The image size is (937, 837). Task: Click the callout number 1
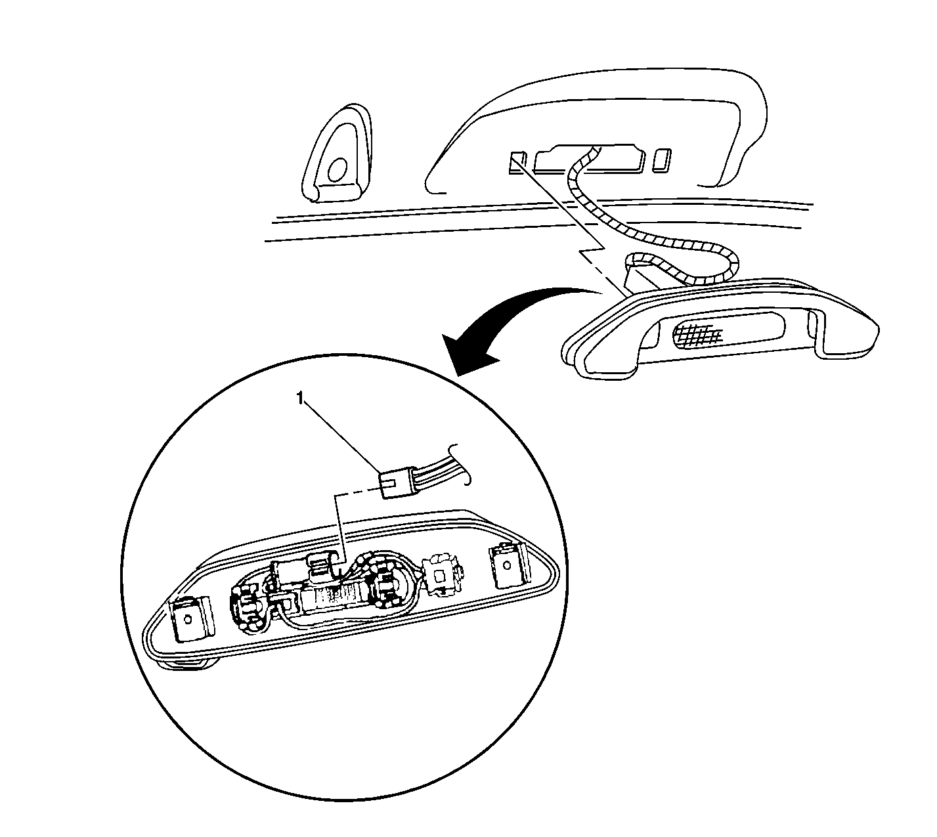pyautogui.click(x=301, y=398)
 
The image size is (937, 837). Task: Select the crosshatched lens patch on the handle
pyautogui.click(x=698, y=335)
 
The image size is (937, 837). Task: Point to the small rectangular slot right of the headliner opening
pyautogui.click(x=663, y=160)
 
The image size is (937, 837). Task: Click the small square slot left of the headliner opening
pyautogui.click(x=517, y=162)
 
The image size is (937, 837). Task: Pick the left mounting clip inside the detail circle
pyautogui.click(x=190, y=619)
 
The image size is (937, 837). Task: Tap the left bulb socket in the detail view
pyautogui.click(x=248, y=606)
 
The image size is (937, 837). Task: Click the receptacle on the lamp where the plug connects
pyautogui.click(x=320, y=569)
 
